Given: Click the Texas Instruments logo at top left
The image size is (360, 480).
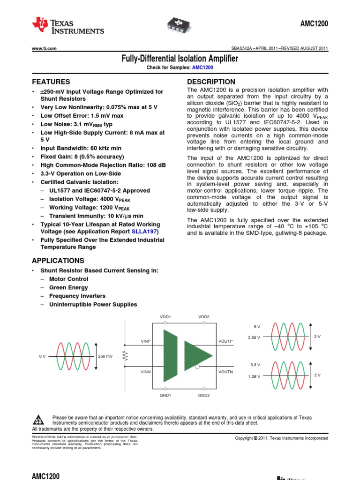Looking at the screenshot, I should pos(67,26).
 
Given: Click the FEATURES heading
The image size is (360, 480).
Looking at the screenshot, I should pos(51,82).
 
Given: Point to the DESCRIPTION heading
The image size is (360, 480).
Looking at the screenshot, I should pos(211,82).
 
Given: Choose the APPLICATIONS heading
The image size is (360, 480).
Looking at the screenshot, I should pos(58,261).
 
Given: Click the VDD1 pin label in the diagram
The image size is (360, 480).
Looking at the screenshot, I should pos(165,317).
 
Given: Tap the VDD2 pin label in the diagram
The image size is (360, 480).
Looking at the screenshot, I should pos(204,317).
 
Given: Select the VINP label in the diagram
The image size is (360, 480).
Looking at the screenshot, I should pos(146,341).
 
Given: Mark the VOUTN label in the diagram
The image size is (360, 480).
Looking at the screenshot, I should pos(225,372).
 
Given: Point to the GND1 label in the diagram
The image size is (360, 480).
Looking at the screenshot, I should pos(165,395).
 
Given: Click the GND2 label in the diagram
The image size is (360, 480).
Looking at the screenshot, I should pos(204,395).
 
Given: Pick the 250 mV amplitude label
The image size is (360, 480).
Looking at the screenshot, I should pos(105,356).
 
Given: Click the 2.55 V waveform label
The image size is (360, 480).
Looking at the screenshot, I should pos(254,337).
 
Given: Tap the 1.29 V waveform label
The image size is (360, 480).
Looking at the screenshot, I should pos(254,376).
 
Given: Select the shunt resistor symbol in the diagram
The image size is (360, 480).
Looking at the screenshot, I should pos(125,356).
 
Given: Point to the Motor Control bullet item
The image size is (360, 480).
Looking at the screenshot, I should pos(68,279).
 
